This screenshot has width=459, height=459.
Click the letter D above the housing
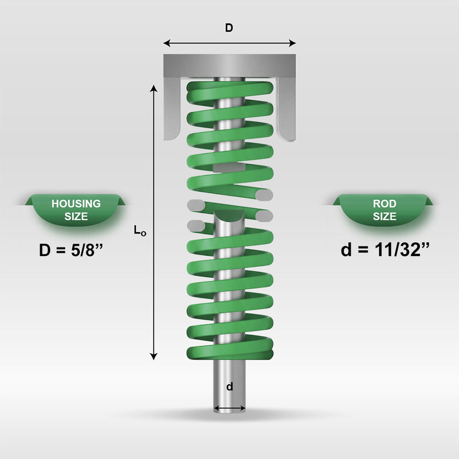tap(229, 28)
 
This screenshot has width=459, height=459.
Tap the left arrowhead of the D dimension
tap(166, 44)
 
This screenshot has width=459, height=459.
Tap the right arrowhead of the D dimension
tap(293, 44)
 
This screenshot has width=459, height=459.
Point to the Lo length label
tap(140, 230)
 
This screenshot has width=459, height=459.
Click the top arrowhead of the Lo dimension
tap(153, 88)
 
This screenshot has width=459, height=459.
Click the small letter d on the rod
tap(230, 387)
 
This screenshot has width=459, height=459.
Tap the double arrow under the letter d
tap(230, 408)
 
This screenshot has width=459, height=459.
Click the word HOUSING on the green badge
tap(76, 204)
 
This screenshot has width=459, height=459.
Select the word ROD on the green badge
tap(384, 204)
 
